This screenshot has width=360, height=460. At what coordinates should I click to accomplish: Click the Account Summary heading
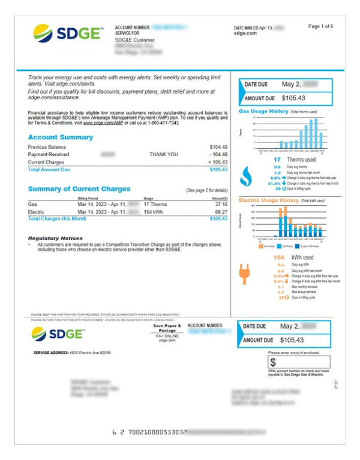coord(61,138)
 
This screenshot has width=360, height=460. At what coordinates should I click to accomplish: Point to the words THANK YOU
coord(164,154)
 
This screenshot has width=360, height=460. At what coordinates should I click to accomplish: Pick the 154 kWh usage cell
coord(154,212)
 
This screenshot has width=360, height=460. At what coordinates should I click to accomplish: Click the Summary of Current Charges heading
coord(79,189)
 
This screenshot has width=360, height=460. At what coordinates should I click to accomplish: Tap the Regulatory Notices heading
coord(55,238)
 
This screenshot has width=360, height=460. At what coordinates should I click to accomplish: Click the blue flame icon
coord(246,175)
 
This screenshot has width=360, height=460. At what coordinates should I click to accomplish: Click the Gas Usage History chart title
coord(263,111)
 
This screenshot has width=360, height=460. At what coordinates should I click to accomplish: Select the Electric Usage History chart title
coord(269,199)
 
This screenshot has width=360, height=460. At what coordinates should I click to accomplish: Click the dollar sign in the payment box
coord(273,362)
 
